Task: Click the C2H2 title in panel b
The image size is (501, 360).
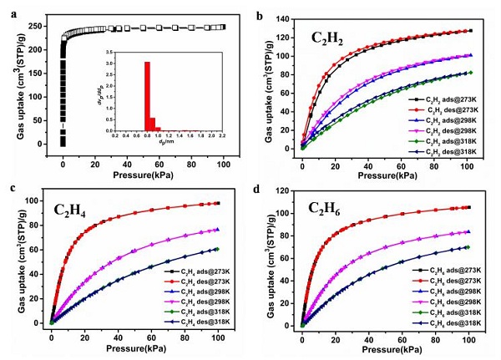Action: click(x=327, y=37)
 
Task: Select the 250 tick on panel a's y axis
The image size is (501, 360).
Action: click(x=37, y=26)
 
